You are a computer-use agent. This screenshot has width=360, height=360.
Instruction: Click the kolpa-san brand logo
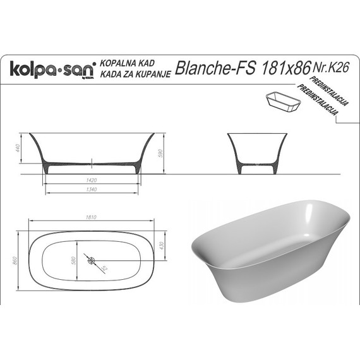[x=51, y=68]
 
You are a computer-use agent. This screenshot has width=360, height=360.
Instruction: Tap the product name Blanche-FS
[x=214, y=68]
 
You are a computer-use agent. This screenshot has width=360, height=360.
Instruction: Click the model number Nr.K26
[x=330, y=64]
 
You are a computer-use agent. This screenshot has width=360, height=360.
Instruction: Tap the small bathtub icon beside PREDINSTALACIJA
[x=285, y=102]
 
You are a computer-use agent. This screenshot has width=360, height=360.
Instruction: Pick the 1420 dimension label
[x=92, y=180]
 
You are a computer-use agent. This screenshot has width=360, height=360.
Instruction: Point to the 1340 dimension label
[x=92, y=189]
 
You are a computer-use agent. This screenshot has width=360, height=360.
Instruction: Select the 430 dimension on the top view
[x=160, y=245]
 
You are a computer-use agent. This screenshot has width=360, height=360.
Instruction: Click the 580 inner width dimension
[x=73, y=260]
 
